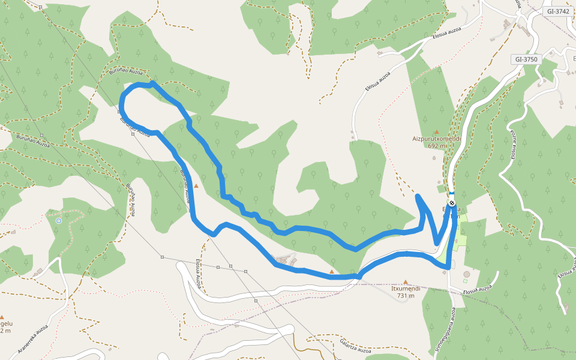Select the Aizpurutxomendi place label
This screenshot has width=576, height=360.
pyautogui.click(x=436, y=138)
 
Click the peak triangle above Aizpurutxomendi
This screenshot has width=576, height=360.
pyautogui.click(x=437, y=131)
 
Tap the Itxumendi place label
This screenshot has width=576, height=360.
pyautogui.click(x=406, y=288)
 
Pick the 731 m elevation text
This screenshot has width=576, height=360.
pyautogui.click(x=406, y=295)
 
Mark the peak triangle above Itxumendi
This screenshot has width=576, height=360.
pyautogui.click(x=406, y=281)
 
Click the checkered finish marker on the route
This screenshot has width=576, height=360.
pyautogui.click(x=451, y=203)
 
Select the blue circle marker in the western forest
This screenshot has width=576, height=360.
pyautogui.click(x=58, y=221)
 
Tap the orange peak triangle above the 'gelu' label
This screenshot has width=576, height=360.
pyautogui.click(x=2, y=317)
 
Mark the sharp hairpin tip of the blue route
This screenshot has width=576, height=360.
pyautogui.click(x=417, y=196)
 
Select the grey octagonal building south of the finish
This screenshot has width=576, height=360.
pyautogui.click(x=467, y=274)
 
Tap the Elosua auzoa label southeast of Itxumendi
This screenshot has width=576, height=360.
pyautogui.click(x=477, y=289)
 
